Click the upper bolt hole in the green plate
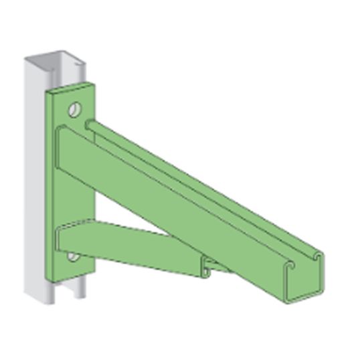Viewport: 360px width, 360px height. (x=75, y=107)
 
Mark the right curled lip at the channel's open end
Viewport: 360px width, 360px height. (x=319, y=257)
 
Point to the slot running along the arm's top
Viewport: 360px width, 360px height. (x=201, y=181)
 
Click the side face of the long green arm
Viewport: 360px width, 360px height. (x=181, y=201)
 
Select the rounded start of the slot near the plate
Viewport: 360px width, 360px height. (x=89, y=124)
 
